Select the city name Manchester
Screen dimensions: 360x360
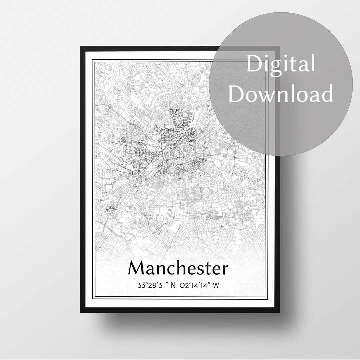[178, 268]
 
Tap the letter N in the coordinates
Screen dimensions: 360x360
[173, 286]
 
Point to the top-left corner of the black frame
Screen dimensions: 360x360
[81, 47]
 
